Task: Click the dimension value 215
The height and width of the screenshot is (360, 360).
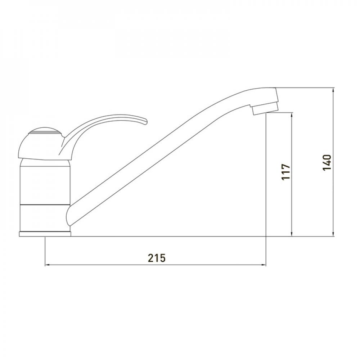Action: click(x=157, y=258)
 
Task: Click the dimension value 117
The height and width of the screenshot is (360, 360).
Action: click(x=286, y=172)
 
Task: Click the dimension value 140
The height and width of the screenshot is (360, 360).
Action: click(x=327, y=162)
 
